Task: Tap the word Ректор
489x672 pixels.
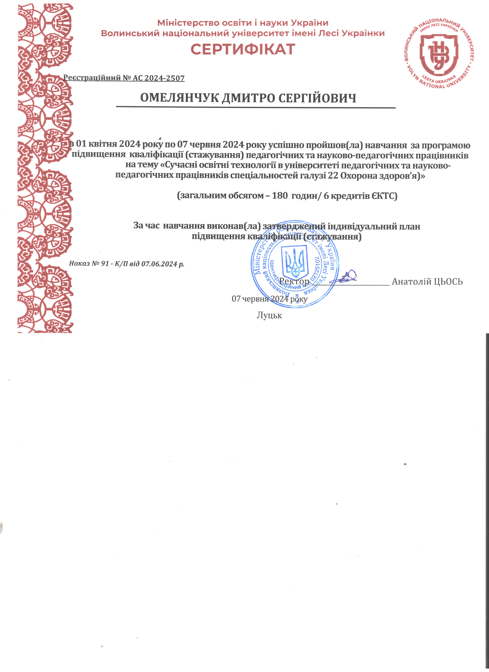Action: tap(294, 281)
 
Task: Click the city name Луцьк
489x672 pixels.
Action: tap(269, 315)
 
